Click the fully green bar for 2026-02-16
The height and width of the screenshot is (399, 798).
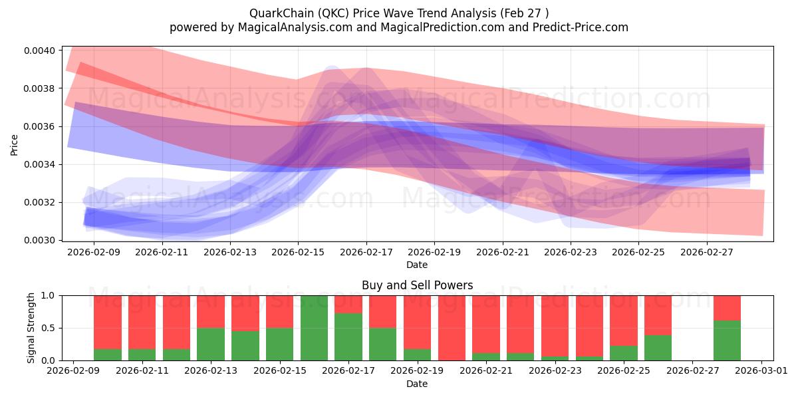pyautogui.click(x=314, y=328)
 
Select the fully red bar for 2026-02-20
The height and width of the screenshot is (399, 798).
pyautogui.click(x=452, y=328)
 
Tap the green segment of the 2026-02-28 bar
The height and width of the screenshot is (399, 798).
pyautogui.click(x=727, y=340)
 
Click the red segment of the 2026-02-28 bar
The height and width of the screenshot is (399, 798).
pyautogui.click(x=727, y=308)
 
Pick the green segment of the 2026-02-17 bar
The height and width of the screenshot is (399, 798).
pyautogui.click(x=348, y=337)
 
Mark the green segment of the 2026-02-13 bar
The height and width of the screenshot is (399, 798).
pyautogui.click(x=211, y=344)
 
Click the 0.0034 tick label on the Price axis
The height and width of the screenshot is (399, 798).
pyautogui.click(x=39, y=165)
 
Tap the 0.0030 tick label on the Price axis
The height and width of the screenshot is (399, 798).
pyautogui.click(x=39, y=241)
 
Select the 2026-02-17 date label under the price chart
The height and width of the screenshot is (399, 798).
pyautogui.click(x=366, y=252)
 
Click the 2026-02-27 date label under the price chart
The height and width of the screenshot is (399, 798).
pyautogui.click(x=707, y=252)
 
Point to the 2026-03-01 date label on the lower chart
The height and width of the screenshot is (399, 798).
pyautogui.click(x=761, y=371)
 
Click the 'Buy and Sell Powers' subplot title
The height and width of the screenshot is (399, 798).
pyautogui.click(x=417, y=285)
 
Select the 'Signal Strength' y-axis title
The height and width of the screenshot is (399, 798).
pyautogui.click(x=31, y=328)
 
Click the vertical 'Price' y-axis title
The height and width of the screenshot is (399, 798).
pyautogui.click(x=14, y=146)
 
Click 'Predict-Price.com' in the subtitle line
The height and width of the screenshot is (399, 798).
pyautogui.click(x=581, y=27)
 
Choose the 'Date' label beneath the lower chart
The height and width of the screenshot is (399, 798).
pyautogui.click(x=417, y=384)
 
